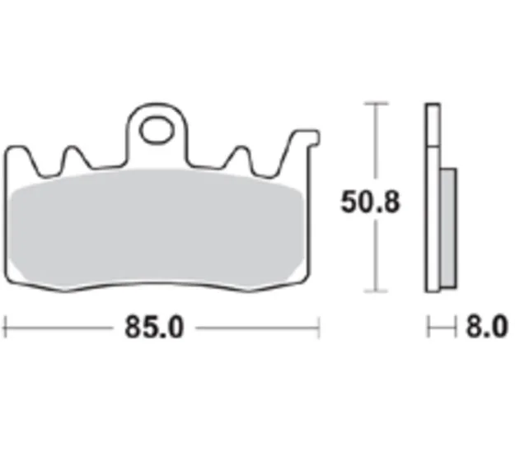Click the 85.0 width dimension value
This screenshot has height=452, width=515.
point(154,327)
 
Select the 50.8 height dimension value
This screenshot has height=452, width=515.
point(370,202)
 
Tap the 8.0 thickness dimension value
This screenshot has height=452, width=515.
point(487,327)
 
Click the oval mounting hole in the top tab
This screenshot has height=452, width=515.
point(157,130)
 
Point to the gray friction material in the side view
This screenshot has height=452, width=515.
point(448,228)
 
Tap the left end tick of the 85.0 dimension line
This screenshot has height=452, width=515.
point(5,327)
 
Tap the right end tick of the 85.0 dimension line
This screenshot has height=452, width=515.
point(318,327)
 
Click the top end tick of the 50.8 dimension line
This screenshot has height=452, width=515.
point(376,104)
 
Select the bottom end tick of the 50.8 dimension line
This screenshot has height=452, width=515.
point(376,291)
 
